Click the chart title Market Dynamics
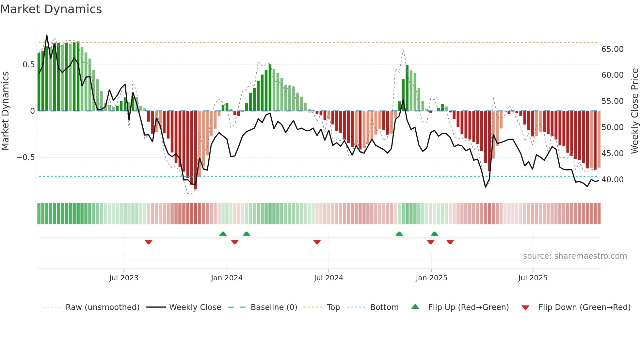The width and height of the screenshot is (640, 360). tap(51, 9)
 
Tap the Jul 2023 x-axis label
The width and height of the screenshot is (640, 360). tap(124, 278)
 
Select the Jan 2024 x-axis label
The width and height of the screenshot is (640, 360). tap(227, 278)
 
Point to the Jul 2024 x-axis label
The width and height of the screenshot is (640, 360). tap(328, 278)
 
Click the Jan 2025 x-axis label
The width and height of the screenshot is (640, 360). tap(431, 278)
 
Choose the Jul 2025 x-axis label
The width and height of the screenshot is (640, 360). tap(533, 278)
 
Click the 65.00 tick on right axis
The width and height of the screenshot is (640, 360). tap(612, 49)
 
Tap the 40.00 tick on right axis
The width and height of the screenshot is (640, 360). tap(612, 180)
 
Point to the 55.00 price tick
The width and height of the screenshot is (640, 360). tap(612, 101)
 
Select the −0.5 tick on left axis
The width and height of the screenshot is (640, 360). tap(25, 157)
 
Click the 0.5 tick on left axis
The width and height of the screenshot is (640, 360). tap(28, 65)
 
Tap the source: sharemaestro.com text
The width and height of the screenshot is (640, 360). tap(575, 256)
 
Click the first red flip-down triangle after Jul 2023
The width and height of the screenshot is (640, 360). tap(149, 242)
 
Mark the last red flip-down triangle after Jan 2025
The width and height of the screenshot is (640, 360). tap(450, 242)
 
